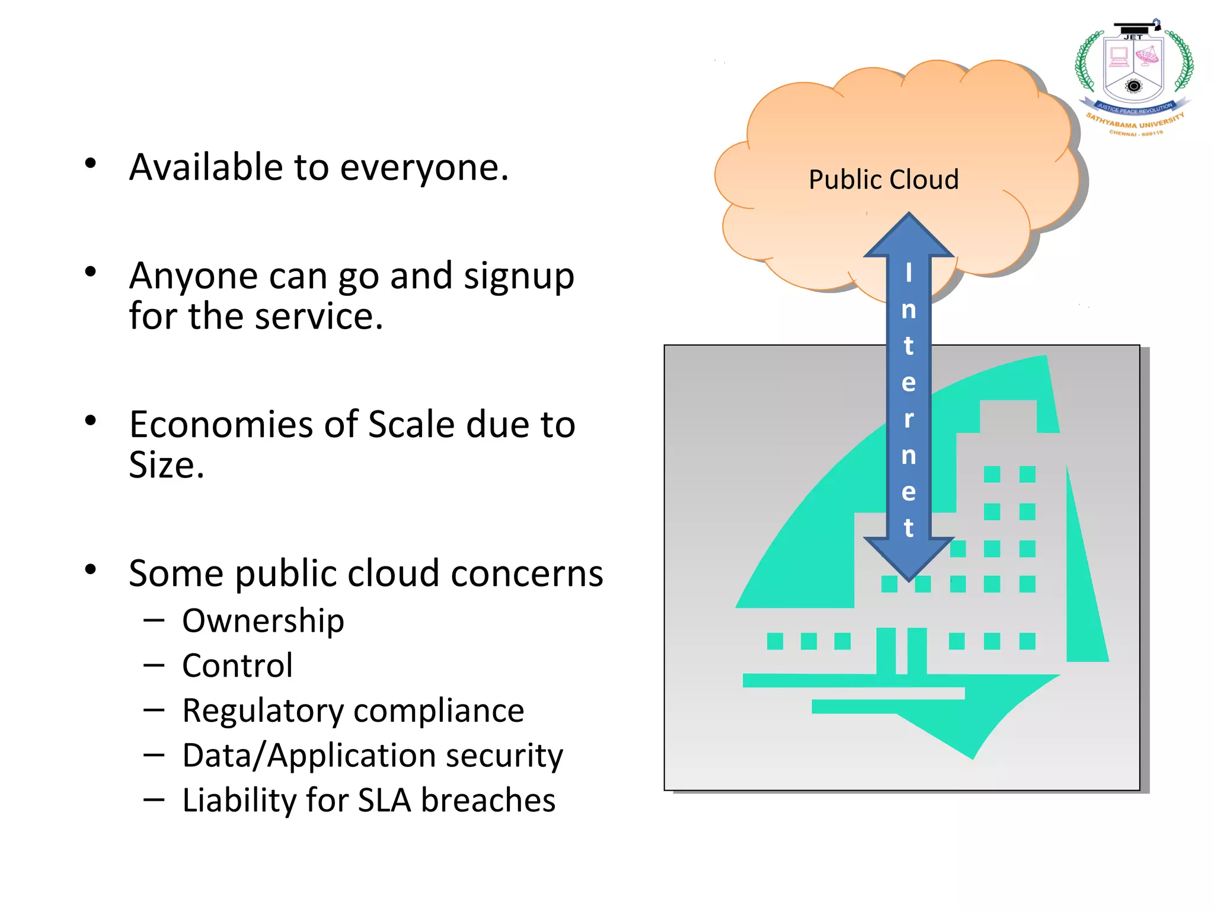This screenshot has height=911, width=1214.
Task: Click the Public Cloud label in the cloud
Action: coord(883,180)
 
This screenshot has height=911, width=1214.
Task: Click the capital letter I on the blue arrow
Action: coord(908,273)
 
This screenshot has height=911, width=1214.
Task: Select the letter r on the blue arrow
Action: coord(908,419)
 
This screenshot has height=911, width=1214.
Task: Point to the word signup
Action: coord(519,277)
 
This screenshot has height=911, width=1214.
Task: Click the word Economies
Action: coord(244,425)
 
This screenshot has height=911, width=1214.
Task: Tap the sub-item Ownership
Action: coord(263,621)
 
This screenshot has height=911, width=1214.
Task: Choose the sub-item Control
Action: coord(237,665)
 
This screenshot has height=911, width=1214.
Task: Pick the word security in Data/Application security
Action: coord(504,756)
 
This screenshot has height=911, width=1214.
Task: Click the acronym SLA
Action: coord(384,800)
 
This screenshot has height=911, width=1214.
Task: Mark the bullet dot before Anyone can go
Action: coord(91,272)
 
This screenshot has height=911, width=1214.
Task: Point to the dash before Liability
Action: coord(154,799)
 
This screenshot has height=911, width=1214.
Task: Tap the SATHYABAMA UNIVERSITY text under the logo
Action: coord(1135,123)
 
